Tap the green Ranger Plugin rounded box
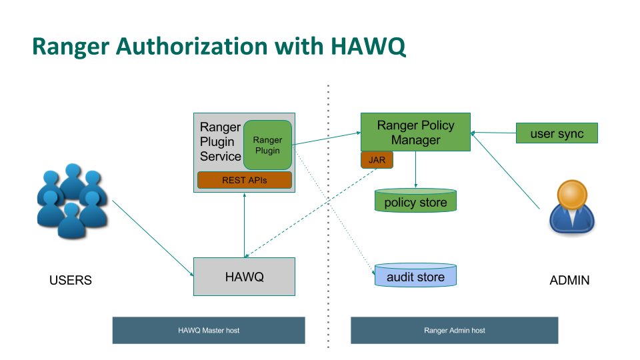pos(267,145)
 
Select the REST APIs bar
pos(245,180)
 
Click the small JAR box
pos(377,160)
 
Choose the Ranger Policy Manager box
pos(415,132)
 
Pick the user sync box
pos(557,133)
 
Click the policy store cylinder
pos(415,201)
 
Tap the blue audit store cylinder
pos(415,275)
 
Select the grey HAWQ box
pos(244,277)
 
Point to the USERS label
pos(71,280)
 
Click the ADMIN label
pos(569,280)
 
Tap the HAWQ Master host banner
pos(209,330)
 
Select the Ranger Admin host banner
pos(455,330)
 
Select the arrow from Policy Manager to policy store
pos(415,169)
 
